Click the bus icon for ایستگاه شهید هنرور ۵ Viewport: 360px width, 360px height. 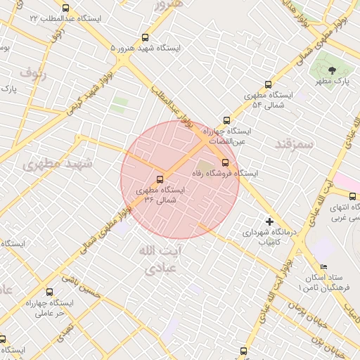pyautogui.click(x=146, y=37)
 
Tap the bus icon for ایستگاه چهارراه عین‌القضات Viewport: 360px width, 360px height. pyautogui.click(x=226, y=120)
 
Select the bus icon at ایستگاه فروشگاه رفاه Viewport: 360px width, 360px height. pyautogui.click(x=225, y=163)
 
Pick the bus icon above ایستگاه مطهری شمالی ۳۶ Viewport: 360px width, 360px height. pyautogui.click(x=160, y=179)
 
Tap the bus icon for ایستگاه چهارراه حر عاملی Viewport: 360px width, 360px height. pyautogui.click(x=49, y=292)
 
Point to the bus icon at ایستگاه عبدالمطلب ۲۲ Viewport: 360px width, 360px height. pyautogui.click(x=65, y=8)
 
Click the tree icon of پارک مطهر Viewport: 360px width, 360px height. pyautogui.click(x=332, y=70)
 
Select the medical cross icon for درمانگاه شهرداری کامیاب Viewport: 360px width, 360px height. pyautogui.click(x=269, y=221)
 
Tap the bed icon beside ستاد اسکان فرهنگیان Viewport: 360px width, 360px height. pyautogui.click(x=323, y=266)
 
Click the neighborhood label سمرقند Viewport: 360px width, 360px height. pyautogui.click(x=294, y=143)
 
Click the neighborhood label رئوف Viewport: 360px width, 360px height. pyautogui.click(x=33, y=72)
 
